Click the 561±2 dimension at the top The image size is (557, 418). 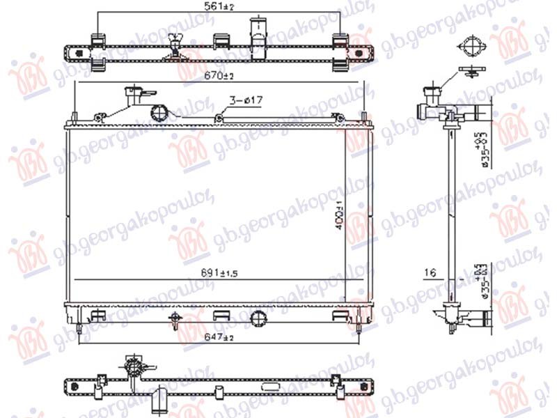click(x=217, y=7)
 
